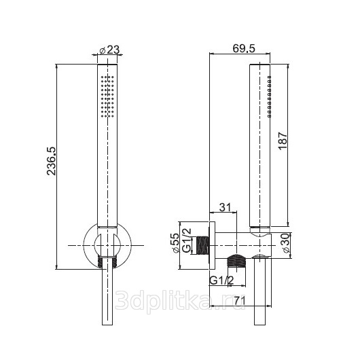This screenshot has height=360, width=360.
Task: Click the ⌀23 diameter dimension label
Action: (x=110, y=50)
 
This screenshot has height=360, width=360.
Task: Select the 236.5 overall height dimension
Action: (x=51, y=161)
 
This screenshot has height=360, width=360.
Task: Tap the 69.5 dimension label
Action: (x=244, y=48)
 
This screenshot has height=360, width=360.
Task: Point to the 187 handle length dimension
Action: (x=283, y=141)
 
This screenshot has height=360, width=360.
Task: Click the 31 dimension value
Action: (x=225, y=207)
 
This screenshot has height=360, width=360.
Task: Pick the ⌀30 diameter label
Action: (x=287, y=243)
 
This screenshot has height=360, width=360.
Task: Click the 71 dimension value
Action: (x=240, y=300)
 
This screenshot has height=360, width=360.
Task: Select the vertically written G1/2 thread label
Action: (x=186, y=240)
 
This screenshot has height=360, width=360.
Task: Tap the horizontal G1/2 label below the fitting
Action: (x=221, y=281)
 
